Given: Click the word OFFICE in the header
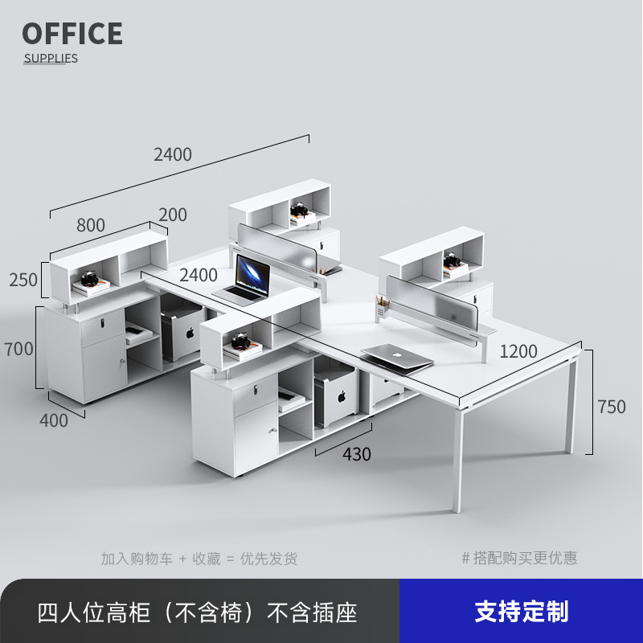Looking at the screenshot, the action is [x=72, y=34].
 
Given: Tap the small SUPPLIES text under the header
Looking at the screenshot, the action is [x=51, y=58].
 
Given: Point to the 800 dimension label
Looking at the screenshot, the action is [x=90, y=225].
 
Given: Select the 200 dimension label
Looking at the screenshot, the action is [x=172, y=215].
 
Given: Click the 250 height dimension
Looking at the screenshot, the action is [x=23, y=280].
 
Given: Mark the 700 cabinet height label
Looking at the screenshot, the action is [x=18, y=349].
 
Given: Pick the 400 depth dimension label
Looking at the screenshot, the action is [x=54, y=420].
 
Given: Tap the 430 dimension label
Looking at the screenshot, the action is [x=357, y=454].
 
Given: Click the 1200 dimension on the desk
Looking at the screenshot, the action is [x=518, y=350].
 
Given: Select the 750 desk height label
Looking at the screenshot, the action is [x=611, y=407].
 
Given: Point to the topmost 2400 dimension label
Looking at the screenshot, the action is [x=173, y=154].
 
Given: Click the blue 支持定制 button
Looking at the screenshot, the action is [x=521, y=612].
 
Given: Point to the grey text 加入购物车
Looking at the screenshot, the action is [x=137, y=558].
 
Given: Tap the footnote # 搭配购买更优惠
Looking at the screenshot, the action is [x=519, y=558].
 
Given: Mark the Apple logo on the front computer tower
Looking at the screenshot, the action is [x=341, y=395].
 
